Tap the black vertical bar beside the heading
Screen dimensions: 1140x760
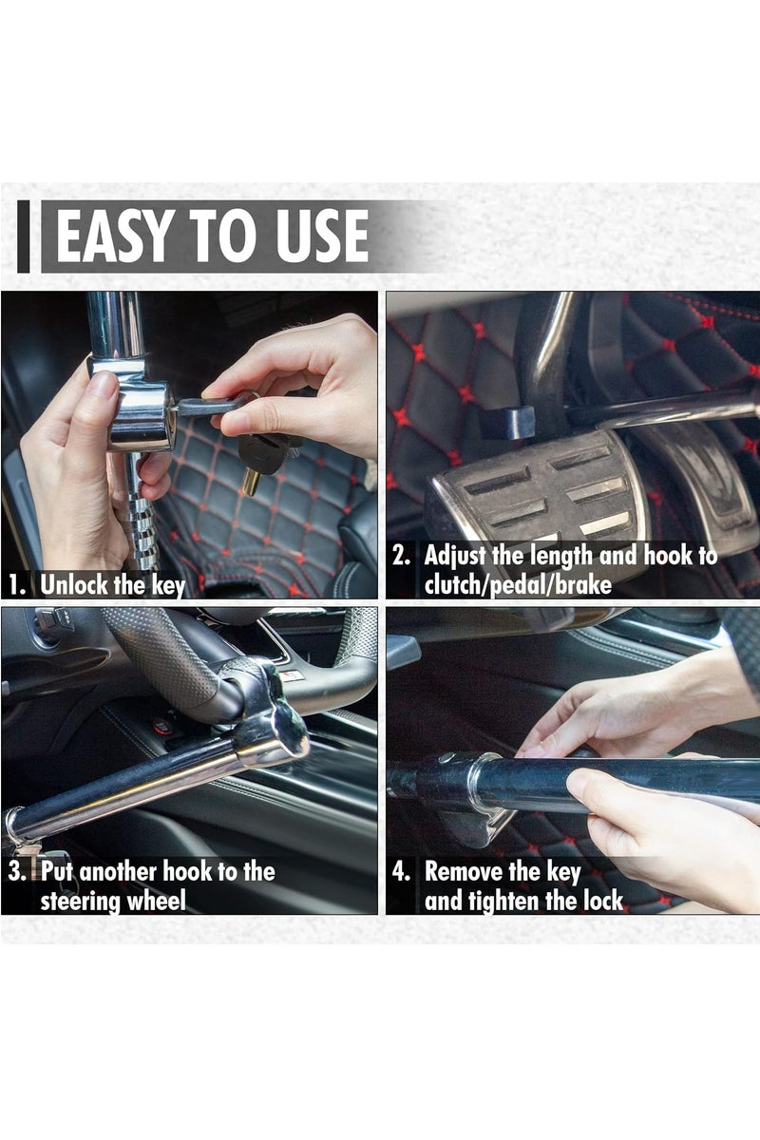tap(23, 237)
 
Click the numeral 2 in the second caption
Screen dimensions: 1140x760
tap(401, 555)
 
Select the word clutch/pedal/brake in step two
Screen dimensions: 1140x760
tap(518, 584)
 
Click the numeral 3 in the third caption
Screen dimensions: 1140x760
tap(16, 871)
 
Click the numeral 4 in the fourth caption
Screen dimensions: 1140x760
tap(401, 871)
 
